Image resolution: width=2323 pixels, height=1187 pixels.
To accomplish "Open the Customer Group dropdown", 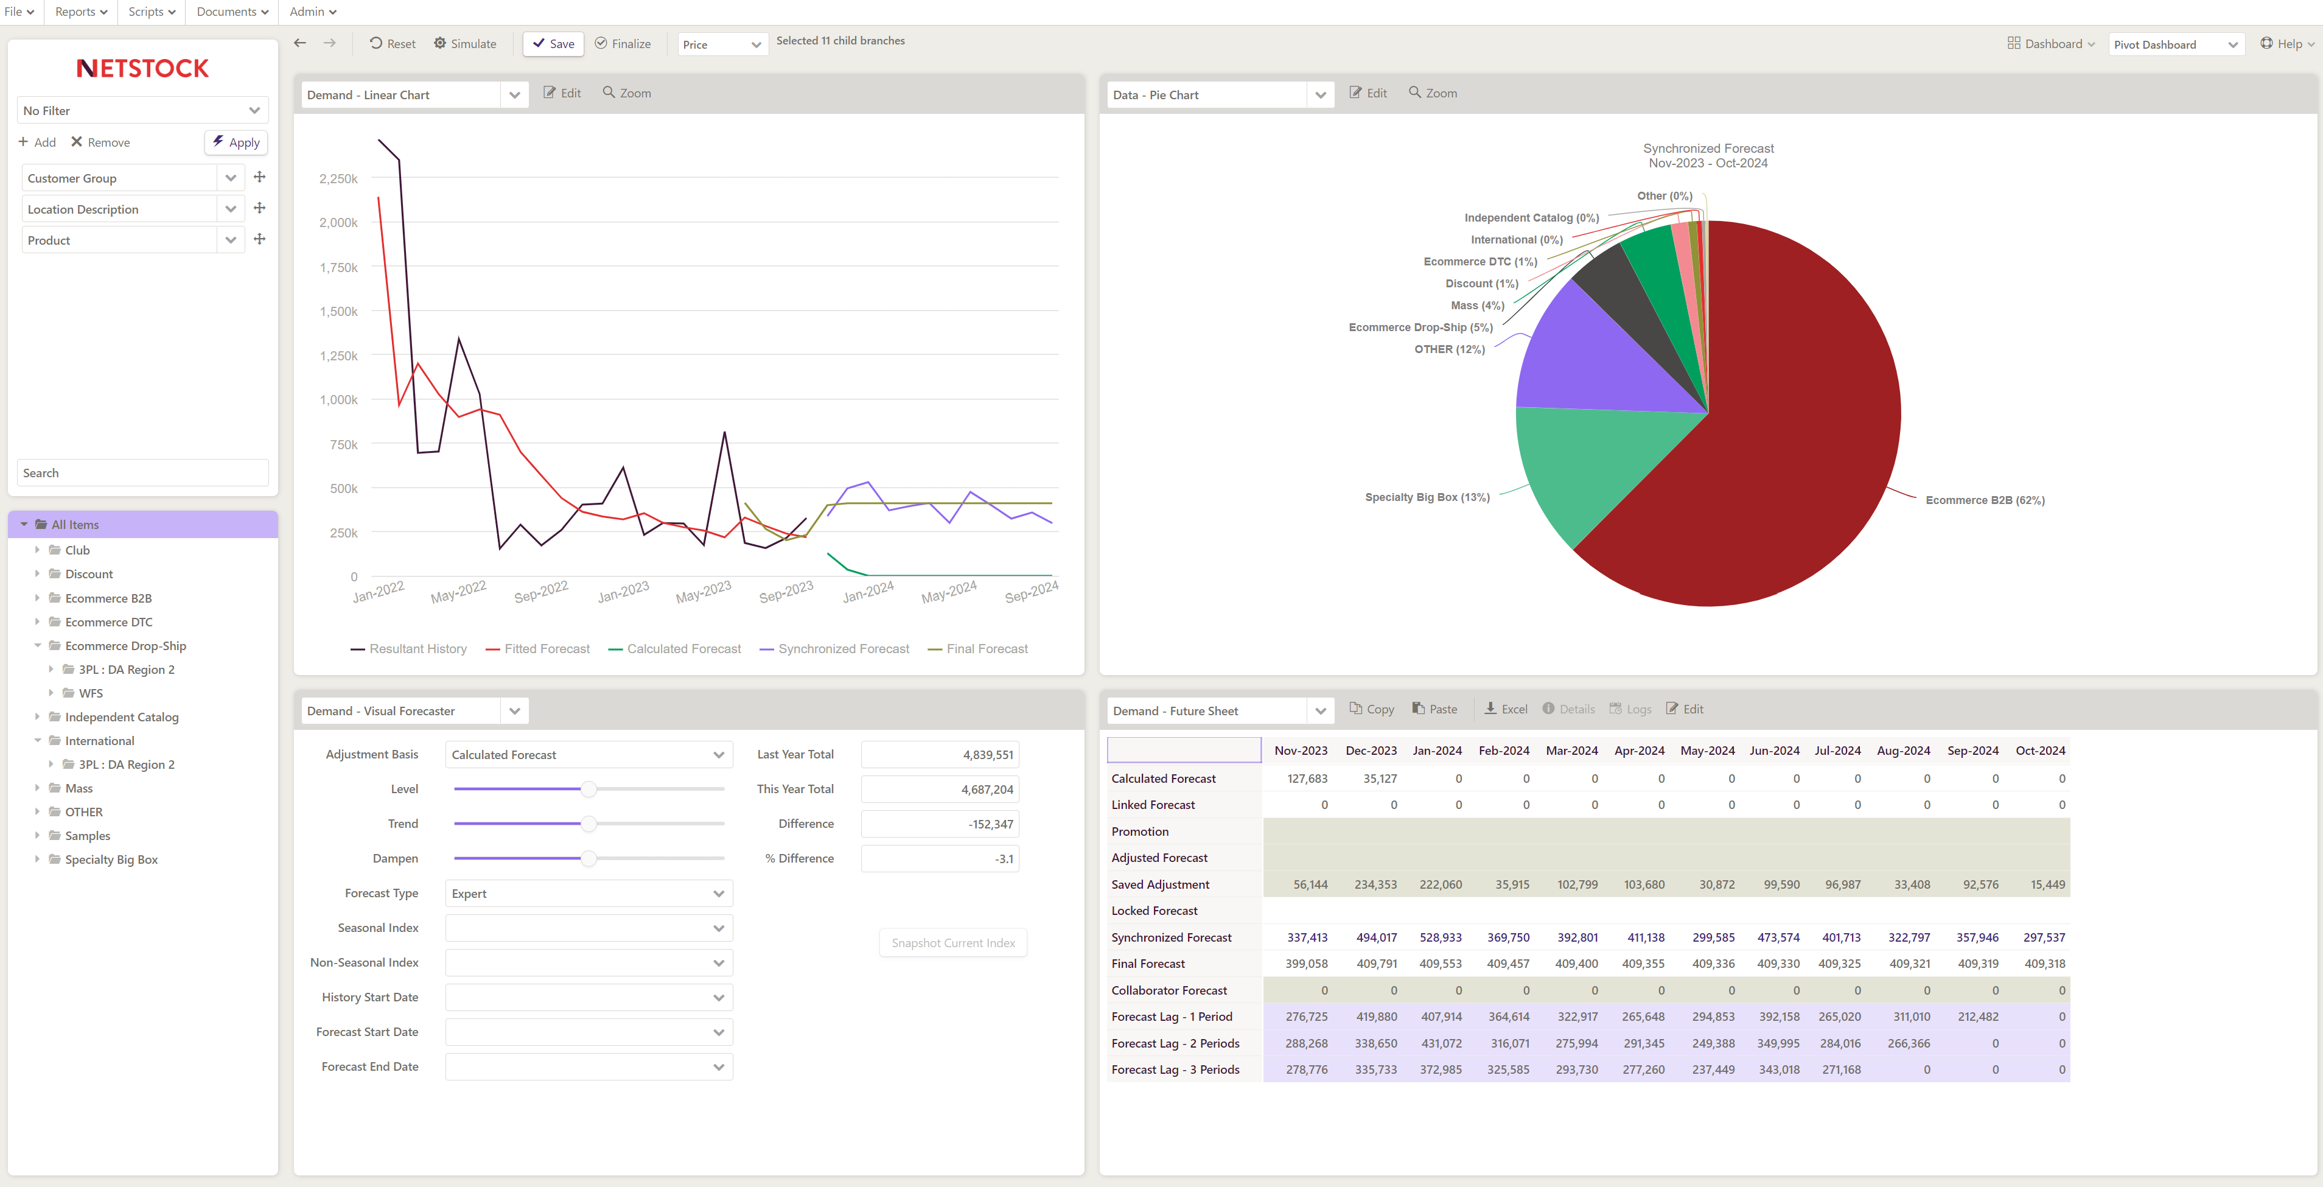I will click(x=230, y=178).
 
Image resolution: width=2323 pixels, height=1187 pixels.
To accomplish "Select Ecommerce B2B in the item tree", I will click(x=108, y=598).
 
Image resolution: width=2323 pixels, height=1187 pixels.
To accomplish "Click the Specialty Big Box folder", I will click(x=111, y=860).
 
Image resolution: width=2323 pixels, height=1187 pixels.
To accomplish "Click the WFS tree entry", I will click(x=90, y=693).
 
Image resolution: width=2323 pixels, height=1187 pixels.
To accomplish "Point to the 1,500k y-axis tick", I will click(x=338, y=311).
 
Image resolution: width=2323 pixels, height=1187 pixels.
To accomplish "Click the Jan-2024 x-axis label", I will click(x=867, y=592).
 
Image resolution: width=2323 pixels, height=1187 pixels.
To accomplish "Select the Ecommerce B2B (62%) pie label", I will click(x=1984, y=500).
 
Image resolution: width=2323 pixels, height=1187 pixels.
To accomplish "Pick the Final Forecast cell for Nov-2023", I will click(x=1306, y=964).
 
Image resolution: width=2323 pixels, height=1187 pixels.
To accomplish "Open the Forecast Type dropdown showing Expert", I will click(x=588, y=893).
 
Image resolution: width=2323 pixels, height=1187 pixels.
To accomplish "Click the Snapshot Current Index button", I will click(x=952, y=942).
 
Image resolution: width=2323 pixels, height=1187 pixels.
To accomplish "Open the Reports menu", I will click(x=80, y=12).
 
